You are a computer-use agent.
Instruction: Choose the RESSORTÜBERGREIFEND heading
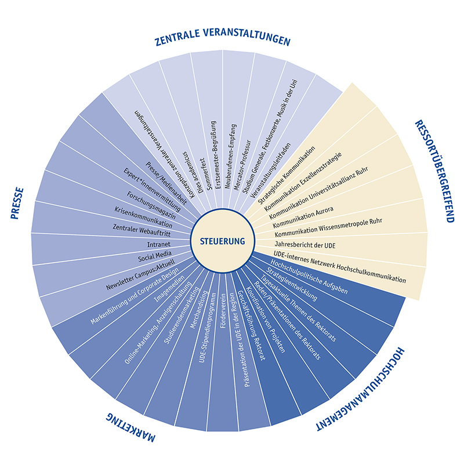(433, 172)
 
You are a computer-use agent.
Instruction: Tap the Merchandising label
(195, 313)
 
